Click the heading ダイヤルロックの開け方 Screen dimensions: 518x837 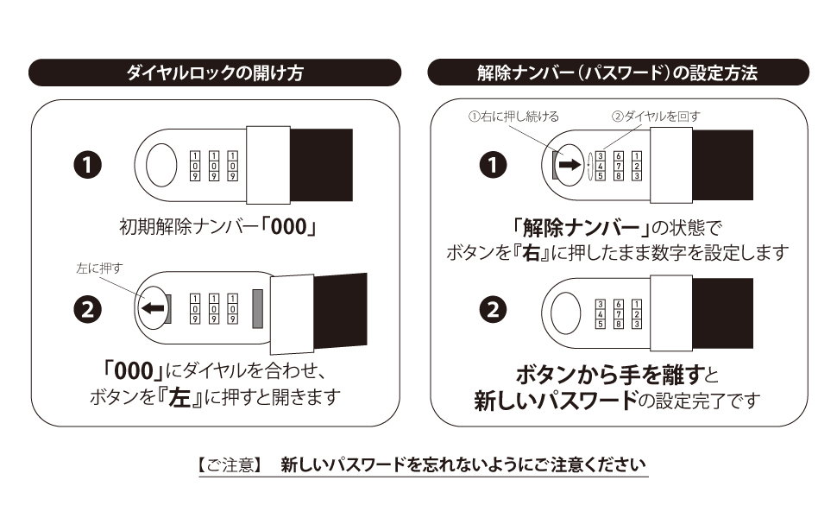click(x=215, y=73)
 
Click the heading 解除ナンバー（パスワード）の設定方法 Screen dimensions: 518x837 click(x=617, y=73)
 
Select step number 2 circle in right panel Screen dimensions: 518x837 click(x=492, y=310)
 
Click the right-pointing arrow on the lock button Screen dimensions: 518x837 click(x=570, y=164)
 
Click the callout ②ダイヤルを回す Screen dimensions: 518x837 click(x=645, y=117)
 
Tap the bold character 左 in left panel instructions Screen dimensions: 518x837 click(x=179, y=400)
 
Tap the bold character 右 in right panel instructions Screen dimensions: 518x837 click(x=540, y=254)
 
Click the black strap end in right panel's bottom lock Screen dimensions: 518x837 click(x=721, y=309)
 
